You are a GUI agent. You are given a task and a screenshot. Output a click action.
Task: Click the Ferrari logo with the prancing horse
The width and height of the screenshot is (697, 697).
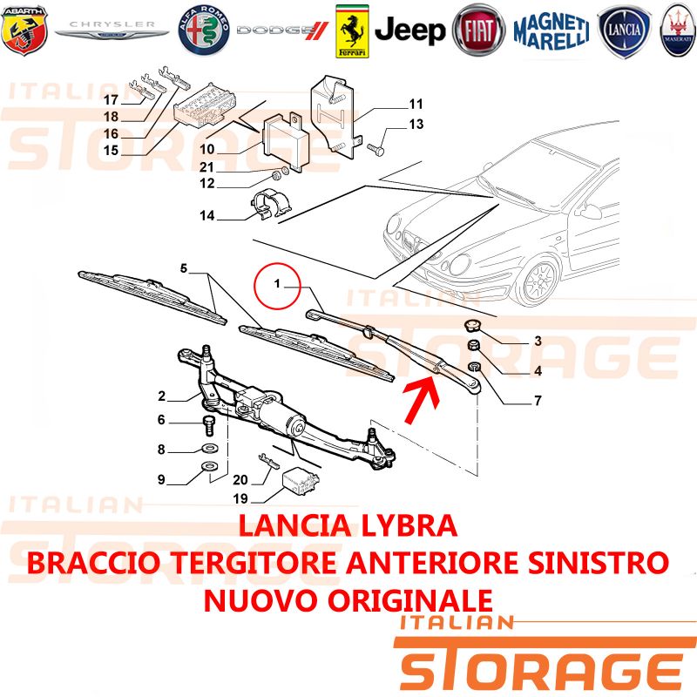352,31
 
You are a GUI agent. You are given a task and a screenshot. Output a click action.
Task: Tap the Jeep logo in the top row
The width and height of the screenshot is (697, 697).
409,30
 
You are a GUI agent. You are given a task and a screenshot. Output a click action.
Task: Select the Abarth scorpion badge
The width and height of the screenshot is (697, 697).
24,30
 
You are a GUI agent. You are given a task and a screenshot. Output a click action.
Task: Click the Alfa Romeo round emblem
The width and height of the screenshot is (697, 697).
204,30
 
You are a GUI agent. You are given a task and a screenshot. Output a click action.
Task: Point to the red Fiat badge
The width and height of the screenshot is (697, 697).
478,30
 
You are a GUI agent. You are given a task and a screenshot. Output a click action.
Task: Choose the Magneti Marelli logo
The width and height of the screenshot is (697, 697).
552,31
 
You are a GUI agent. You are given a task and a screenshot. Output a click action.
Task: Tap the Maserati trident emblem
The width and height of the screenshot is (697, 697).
678,30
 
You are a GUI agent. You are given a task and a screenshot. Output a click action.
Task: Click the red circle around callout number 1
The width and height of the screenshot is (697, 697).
277,286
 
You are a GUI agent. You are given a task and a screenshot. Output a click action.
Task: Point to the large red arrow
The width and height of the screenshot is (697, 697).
421,399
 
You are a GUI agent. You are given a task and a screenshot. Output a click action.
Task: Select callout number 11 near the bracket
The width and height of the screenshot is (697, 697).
416,104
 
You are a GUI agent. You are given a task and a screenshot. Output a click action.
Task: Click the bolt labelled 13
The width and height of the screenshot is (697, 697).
376,149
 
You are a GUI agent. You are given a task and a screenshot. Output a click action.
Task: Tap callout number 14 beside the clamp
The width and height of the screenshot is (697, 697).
207,215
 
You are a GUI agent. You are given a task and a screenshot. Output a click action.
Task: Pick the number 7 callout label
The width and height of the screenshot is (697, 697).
538,401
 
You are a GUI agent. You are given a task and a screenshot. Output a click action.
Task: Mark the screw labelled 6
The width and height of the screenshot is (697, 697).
208,425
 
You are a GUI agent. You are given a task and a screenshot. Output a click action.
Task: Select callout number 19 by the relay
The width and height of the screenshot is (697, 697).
240,498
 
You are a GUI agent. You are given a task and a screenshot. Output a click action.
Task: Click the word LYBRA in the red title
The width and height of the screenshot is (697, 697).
409,525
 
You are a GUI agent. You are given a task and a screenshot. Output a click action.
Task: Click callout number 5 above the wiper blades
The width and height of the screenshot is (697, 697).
184,268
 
